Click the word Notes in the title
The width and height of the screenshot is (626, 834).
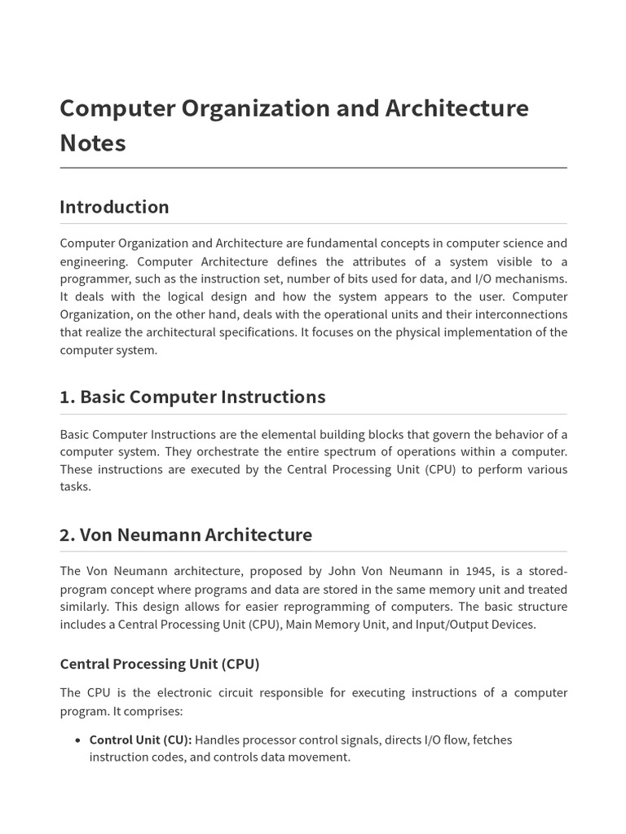pos(93,143)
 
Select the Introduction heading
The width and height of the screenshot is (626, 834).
pos(114,207)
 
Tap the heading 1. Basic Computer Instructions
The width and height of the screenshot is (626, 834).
pos(192,397)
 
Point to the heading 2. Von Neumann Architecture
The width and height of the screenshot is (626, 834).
pos(186,535)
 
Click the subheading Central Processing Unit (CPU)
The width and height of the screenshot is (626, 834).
pos(160,664)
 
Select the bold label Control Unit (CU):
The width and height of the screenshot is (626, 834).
pos(140,740)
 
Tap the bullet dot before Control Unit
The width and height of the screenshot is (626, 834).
pos(77,740)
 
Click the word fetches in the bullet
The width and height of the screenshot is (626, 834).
pos(492,740)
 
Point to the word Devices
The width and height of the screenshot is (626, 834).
pos(511,625)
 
